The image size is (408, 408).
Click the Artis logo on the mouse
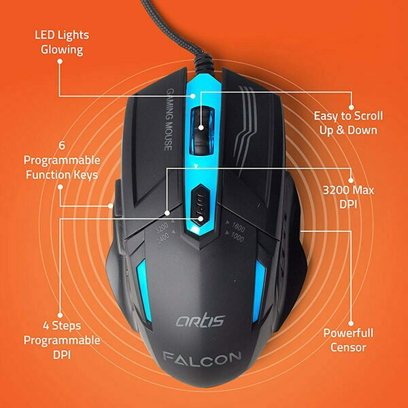[x=200, y=320]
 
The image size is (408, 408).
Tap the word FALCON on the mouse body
[x=202, y=358]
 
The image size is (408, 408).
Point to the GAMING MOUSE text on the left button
[x=169, y=120]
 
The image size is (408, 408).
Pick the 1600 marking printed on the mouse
[x=239, y=227]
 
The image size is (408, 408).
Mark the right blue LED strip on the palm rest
[x=259, y=290]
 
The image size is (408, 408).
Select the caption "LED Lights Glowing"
[x=62, y=42]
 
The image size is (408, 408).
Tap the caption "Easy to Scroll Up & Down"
[x=348, y=123]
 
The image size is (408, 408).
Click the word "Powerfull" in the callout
[x=348, y=333]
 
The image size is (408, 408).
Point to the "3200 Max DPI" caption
[x=348, y=197]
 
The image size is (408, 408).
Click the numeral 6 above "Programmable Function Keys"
[x=62, y=146]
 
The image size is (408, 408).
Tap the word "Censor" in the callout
[x=348, y=347]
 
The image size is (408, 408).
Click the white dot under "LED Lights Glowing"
[x=60, y=61]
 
